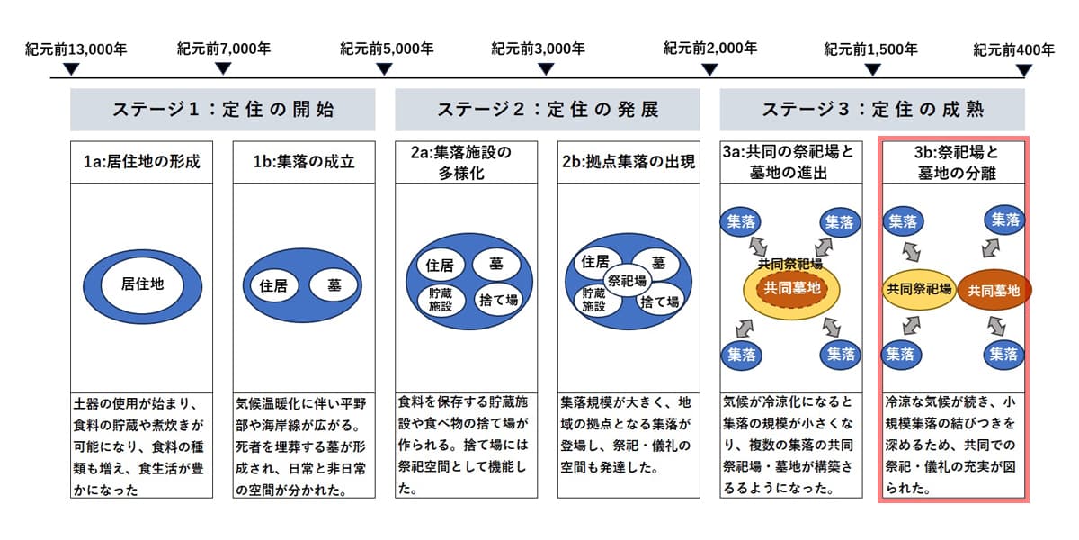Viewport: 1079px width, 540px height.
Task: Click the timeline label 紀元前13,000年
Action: pos(76,49)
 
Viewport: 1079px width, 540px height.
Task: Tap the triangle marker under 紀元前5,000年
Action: pos(384,69)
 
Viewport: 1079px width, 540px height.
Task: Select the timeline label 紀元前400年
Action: pos(1013,49)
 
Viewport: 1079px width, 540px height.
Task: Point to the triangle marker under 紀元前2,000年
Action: pos(709,70)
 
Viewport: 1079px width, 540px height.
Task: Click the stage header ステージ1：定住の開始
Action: pos(223,110)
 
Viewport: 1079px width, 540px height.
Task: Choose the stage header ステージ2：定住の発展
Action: pos(548,110)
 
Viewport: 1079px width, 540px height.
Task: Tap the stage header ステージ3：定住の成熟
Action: pos(872,110)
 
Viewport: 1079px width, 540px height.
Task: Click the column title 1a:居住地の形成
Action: pos(142,161)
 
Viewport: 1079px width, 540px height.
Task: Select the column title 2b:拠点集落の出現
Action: pos(629,161)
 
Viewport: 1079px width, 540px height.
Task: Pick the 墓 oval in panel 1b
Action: pos(334,285)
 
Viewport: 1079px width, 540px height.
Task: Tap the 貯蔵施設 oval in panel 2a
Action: pos(441,300)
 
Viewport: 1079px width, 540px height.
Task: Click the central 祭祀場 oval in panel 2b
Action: pos(628,280)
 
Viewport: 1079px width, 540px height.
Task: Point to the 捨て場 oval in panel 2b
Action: pos(659,302)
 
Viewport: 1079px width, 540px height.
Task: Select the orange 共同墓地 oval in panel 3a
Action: pos(791,288)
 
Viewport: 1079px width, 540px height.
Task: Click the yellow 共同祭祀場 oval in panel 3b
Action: pos(919,289)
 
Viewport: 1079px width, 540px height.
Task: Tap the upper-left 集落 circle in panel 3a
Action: pos(741,221)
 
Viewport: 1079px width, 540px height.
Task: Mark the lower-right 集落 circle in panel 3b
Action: pos(1003,355)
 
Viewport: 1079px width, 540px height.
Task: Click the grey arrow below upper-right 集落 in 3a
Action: pos(824,247)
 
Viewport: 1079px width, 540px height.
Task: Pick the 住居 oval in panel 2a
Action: pos(440,265)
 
